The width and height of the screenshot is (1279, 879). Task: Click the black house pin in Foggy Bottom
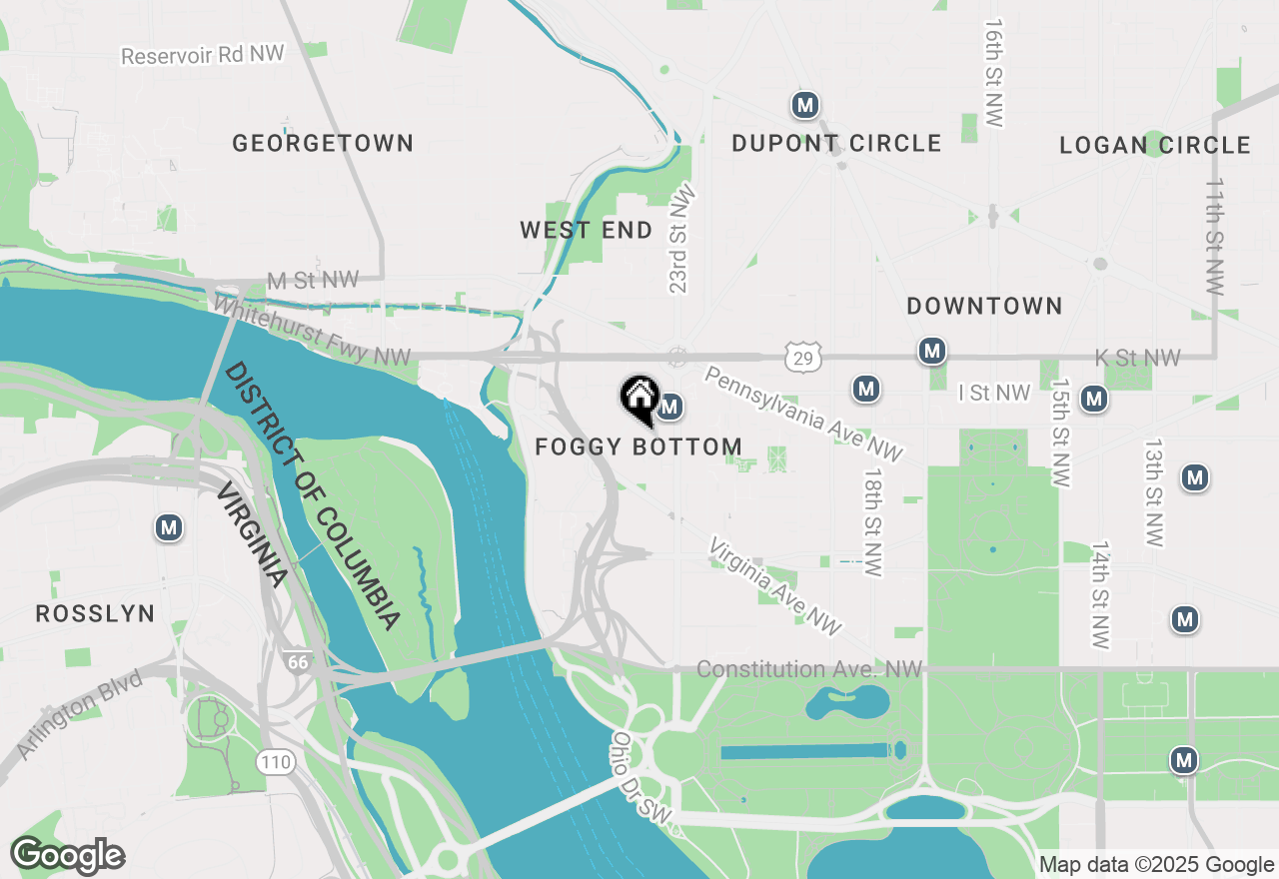639,399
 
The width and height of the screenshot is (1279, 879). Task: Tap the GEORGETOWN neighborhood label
323,144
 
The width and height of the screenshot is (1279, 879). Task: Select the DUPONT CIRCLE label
836,144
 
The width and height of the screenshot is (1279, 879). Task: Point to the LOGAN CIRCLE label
1155,146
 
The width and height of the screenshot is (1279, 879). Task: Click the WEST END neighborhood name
587,231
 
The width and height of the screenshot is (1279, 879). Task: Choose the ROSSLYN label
95,613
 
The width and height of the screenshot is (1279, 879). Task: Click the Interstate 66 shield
297,662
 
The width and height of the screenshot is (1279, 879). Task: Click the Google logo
67,856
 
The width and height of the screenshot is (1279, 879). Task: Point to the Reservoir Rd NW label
203,54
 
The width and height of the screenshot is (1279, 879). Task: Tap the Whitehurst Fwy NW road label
313,331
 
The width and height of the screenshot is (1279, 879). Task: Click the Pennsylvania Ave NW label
803,414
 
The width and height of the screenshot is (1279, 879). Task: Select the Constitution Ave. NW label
809,669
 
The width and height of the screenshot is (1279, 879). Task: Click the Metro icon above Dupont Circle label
805,105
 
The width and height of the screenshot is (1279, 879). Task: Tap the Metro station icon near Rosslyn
169,528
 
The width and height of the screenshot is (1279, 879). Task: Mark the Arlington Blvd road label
80,717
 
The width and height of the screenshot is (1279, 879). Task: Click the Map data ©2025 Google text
1156,865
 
